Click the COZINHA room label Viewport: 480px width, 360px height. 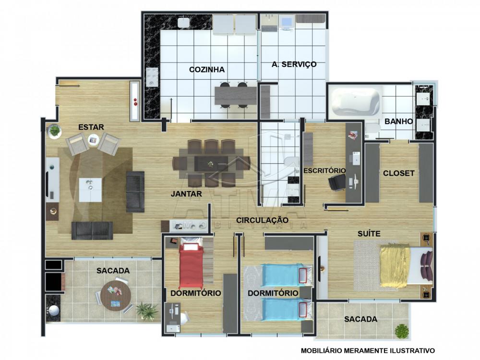tap(206, 70)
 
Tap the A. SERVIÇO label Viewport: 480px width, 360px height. tap(294, 64)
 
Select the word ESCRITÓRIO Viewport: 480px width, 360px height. tap(324, 170)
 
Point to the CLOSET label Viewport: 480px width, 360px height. tap(398, 173)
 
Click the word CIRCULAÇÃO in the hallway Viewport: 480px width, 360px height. tap(262, 220)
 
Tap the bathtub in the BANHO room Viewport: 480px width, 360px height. tap(355, 102)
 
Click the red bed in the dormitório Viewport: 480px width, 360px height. tap(192, 265)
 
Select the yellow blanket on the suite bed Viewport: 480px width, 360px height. tap(395, 265)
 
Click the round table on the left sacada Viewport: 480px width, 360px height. tap(116, 296)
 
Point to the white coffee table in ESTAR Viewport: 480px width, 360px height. tap(90, 190)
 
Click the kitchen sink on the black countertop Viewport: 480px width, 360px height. tap(184, 22)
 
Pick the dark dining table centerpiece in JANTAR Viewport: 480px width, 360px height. tap(211, 164)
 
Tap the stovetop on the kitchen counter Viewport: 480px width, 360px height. tap(152, 77)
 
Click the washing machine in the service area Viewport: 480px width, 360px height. tap(288, 23)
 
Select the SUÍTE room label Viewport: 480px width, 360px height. tap(369, 234)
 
